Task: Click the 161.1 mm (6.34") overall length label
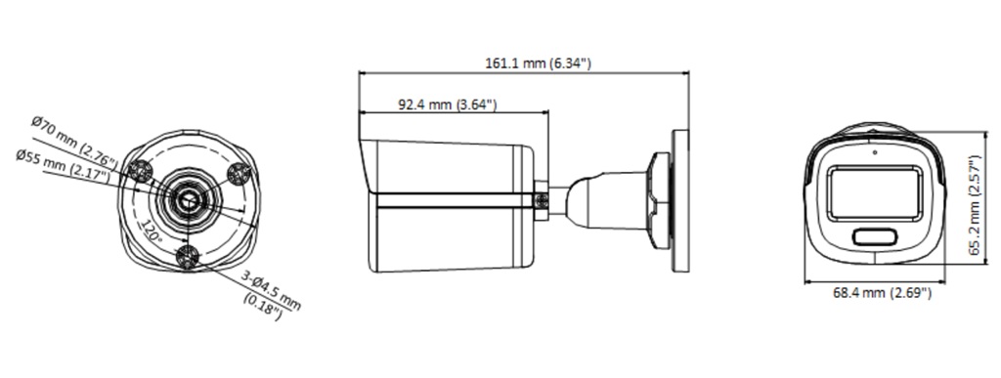539,63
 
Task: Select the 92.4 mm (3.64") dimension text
448,105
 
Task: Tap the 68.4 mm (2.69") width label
882,293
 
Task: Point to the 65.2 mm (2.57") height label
975,205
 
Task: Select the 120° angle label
152,231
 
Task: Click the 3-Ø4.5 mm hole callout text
271,290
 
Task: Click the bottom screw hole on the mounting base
189,257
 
